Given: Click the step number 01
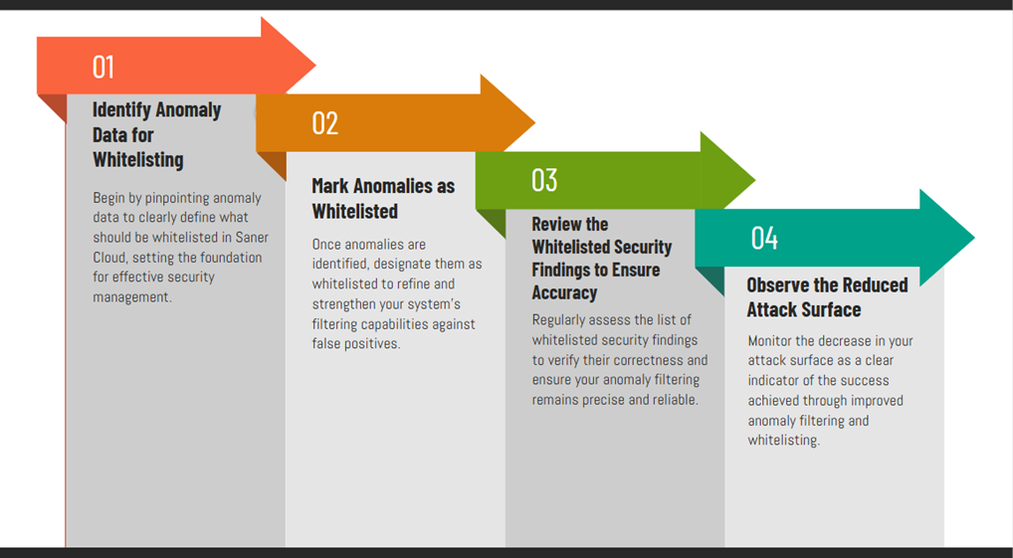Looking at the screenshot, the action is [103, 67].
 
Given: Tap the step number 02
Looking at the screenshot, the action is [325, 122].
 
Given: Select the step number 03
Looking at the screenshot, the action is [544, 180].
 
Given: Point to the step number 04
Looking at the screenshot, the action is [764, 238].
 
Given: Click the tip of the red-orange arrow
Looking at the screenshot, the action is [315, 66].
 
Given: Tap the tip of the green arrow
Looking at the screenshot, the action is [755, 180].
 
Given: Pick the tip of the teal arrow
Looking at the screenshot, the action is [974, 238].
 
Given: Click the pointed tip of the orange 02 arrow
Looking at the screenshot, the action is [535, 122].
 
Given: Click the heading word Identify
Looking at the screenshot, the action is [122, 109].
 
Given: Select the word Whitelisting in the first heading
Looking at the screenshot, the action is [138, 159].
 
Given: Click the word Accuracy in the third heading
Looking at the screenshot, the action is [564, 292].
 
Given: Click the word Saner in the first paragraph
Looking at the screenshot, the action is [252, 237].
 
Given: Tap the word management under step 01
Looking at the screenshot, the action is [131, 297].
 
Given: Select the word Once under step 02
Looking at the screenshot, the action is [327, 244].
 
